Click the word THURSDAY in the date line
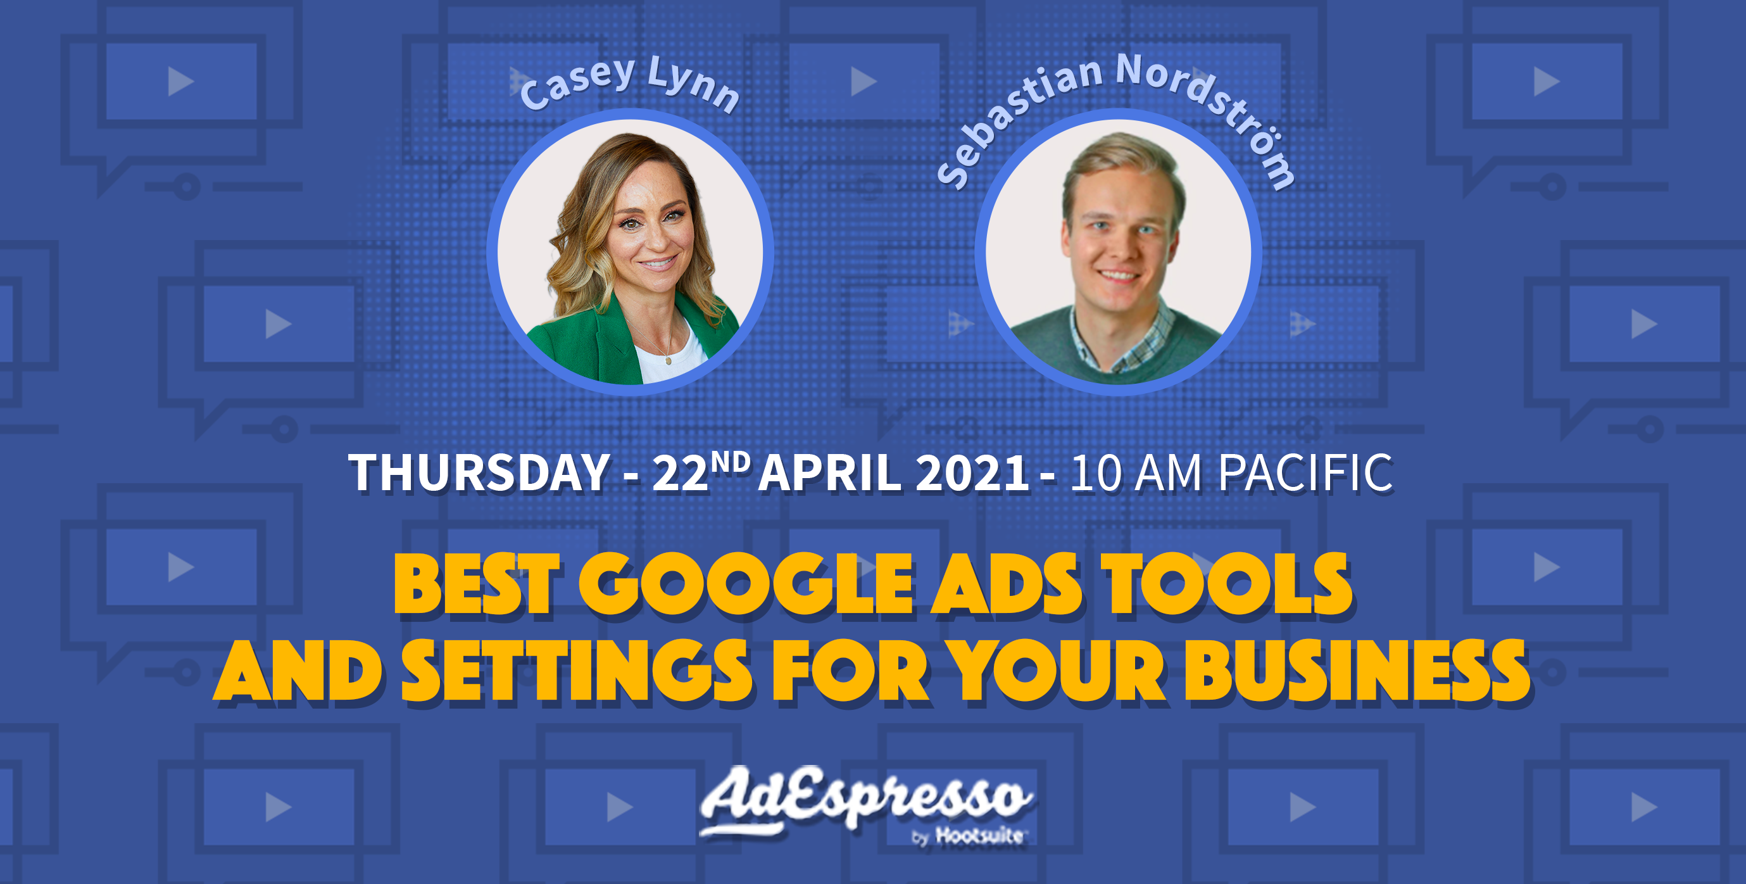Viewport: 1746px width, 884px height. click(x=479, y=472)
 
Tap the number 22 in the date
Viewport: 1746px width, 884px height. click(x=680, y=474)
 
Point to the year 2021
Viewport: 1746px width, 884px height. click(x=971, y=473)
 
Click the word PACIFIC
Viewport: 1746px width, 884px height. click(x=1305, y=472)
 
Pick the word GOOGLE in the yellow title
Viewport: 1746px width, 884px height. click(x=746, y=584)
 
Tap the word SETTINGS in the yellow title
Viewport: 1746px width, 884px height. click(x=576, y=671)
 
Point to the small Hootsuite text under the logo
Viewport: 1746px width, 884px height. click(x=979, y=836)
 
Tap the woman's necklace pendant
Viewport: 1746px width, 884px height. click(x=669, y=360)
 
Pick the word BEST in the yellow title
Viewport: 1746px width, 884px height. click(x=477, y=584)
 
